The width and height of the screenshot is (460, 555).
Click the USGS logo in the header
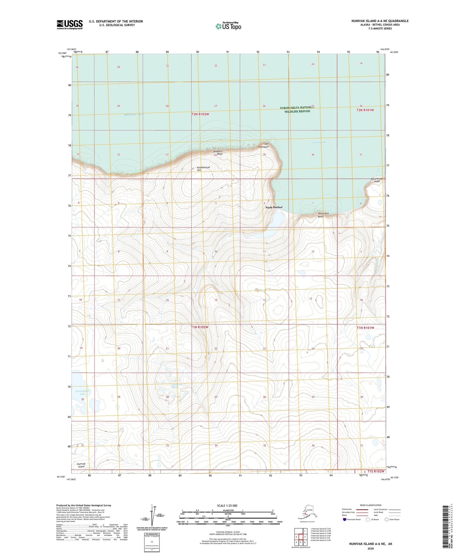[70, 24]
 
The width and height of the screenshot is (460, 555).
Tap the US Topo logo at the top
[228, 26]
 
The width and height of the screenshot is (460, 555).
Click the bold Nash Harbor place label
[274, 207]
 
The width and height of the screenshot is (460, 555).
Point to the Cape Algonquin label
[264, 145]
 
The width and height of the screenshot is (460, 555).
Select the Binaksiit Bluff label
[218, 153]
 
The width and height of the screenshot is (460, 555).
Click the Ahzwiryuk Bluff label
[323, 215]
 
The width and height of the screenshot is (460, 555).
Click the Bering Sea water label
[134, 114]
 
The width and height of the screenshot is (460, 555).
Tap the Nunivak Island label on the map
[81, 465]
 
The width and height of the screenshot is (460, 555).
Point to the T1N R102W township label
[200, 327]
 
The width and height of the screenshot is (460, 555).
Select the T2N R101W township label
[365, 110]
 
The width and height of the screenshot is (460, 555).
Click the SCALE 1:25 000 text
[227, 506]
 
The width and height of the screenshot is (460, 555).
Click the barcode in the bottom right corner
[446, 526]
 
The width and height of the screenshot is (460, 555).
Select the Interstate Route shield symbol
[344, 519]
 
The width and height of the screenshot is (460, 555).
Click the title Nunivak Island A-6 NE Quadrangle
[380, 21]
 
